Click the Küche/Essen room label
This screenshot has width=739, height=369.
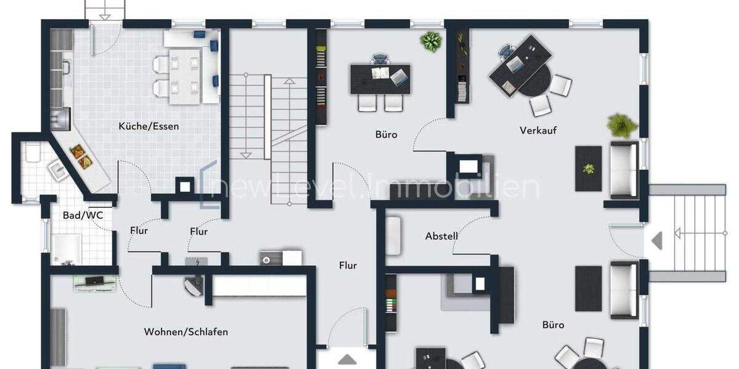click(149, 127)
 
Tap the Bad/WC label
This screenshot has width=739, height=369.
click(79, 216)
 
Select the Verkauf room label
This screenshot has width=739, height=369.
click(538, 130)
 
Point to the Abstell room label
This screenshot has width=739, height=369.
click(442, 236)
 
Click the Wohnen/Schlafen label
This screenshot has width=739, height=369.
click(186, 332)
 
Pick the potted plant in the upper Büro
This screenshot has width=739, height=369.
click(431, 42)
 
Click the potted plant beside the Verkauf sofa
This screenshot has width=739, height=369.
click(621, 125)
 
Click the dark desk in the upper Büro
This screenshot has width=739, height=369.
click(380, 79)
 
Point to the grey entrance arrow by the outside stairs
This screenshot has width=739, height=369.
click(657, 240)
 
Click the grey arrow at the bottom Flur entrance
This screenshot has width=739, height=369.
click(346, 360)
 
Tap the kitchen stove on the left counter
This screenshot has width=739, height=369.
click(62, 116)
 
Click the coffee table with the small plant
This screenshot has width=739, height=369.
click(589, 168)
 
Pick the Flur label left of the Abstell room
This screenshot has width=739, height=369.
click(348, 266)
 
